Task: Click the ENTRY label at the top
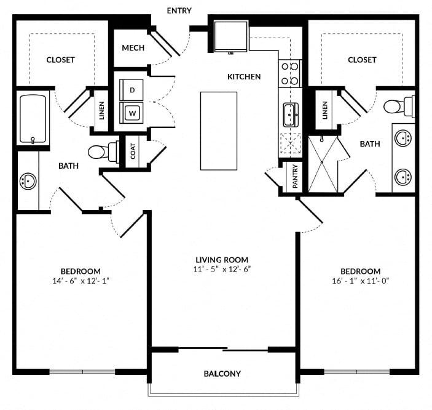tap(179, 10)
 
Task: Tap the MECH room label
tap(133, 48)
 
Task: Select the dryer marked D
tap(131, 90)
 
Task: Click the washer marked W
tap(131, 113)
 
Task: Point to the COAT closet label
tap(133, 151)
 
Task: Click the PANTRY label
tap(295, 177)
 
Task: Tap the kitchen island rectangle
tap(219, 131)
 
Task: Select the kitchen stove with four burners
tap(290, 74)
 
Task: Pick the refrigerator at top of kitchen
tap(231, 36)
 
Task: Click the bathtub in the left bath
tap(33, 119)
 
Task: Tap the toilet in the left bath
tap(104, 151)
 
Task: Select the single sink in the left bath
tap(28, 181)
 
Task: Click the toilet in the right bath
tap(399, 107)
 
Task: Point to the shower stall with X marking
tap(323, 164)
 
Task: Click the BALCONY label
tap(222, 374)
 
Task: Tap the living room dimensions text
tap(222, 269)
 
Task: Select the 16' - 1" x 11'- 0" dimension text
tap(360, 281)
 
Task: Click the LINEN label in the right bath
tap(325, 110)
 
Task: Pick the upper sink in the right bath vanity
tap(403, 137)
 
